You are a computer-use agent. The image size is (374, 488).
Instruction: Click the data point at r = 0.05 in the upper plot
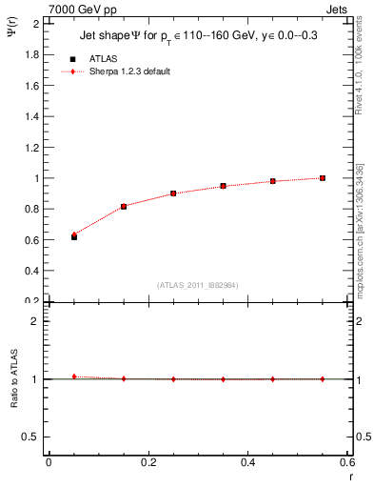73,236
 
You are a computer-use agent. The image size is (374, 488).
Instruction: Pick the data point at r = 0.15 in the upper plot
124,206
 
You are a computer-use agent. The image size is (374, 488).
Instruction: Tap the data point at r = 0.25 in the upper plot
173,193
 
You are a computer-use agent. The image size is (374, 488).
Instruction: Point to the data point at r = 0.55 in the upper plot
323,178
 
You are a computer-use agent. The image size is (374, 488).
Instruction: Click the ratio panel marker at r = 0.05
73,376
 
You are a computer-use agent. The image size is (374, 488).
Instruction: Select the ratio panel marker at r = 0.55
323,378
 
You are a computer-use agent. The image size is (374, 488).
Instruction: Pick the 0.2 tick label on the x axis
148,463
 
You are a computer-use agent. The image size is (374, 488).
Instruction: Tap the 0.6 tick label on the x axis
347,463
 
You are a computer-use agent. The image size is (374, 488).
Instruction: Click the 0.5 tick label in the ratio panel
32,437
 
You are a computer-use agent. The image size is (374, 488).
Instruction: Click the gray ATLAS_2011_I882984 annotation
197,285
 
